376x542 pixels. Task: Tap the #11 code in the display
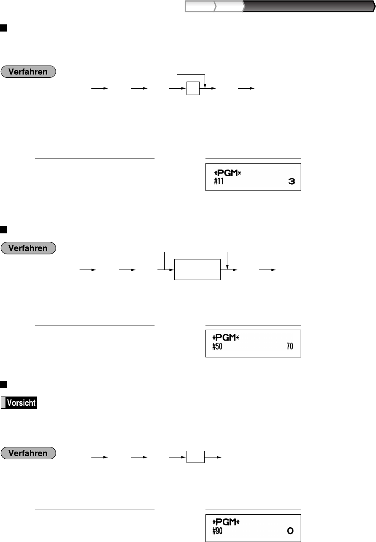click(x=218, y=182)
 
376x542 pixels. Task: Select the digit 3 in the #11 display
click(x=291, y=182)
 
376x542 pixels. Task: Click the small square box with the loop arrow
click(x=194, y=89)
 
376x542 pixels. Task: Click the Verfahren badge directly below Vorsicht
click(x=29, y=454)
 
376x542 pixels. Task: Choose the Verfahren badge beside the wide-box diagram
click(x=29, y=248)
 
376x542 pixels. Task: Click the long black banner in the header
click(x=307, y=6)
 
